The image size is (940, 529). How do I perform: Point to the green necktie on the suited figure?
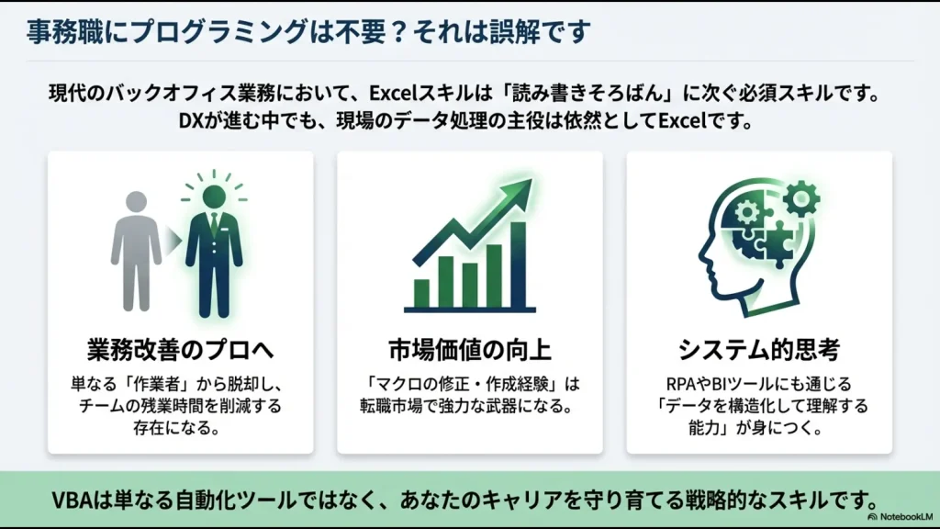[x=214, y=226]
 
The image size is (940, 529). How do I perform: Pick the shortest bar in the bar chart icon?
[x=422, y=292]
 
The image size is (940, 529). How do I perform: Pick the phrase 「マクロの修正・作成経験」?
[x=456, y=383]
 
